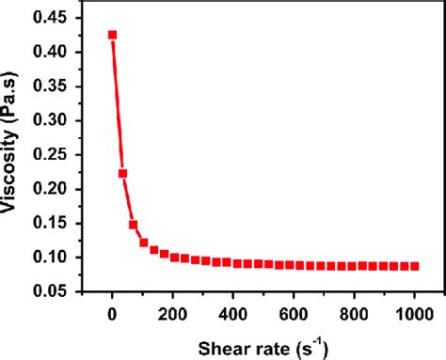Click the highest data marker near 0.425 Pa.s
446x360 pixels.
coord(112,35)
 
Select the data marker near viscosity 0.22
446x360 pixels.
coord(122,173)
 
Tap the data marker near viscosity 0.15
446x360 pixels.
coord(133,225)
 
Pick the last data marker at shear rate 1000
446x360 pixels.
coord(415,266)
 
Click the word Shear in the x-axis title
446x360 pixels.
coord(218,347)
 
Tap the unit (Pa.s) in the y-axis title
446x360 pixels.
coord(17,108)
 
